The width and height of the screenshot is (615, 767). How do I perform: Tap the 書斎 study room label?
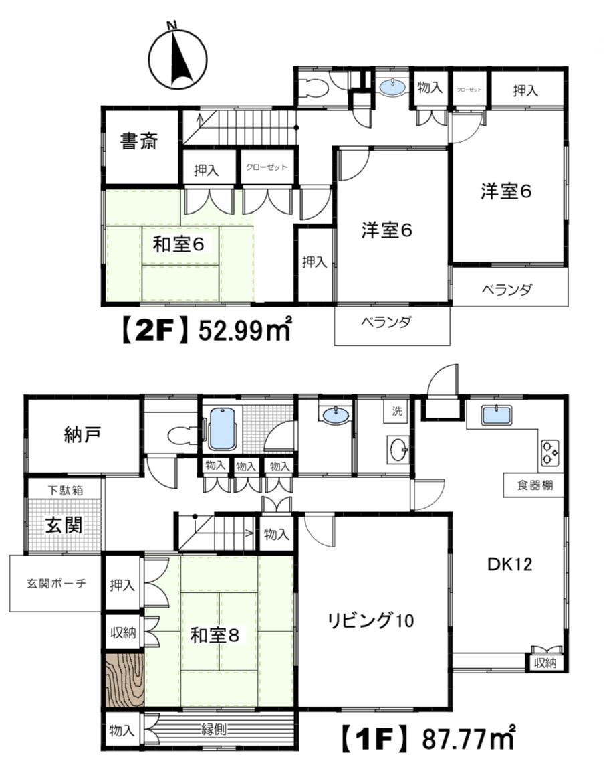point(139,142)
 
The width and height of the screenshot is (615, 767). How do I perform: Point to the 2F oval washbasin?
point(393,87)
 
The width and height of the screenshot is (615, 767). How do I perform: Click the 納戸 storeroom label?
point(83,435)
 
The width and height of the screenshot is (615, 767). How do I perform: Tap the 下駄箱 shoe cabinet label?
point(64,489)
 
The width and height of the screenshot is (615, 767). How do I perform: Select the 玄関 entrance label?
point(64,525)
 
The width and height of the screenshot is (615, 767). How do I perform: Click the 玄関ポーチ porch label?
point(57,583)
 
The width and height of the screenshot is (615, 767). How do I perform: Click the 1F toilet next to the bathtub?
point(179,436)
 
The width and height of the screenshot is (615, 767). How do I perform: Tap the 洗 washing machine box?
point(397,411)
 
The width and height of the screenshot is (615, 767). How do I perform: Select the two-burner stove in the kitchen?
point(549,452)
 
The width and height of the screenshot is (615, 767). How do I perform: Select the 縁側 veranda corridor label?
point(215,728)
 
